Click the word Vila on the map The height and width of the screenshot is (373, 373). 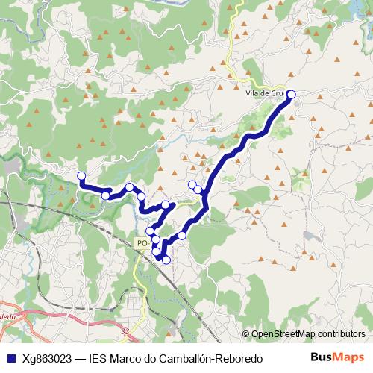pyautogui.click(x=251, y=95)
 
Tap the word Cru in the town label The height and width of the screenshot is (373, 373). pyautogui.click(x=278, y=95)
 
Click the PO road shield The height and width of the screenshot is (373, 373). pyautogui.click(x=142, y=243)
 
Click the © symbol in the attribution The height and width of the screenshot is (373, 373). pyautogui.click(x=245, y=334)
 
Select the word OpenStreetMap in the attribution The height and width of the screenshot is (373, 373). pyautogui.click(x=283, y=334)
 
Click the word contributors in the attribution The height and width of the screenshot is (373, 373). pyautogui.click(x=341, y=334)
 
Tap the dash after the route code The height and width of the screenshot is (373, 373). pyautogui.click(x=81, y=359)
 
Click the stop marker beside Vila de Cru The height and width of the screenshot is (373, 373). pyautogui.click(x=291, y=94)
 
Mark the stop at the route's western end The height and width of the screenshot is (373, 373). pyautogui.click(x=81, y=175)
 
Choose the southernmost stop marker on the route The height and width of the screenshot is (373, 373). pyautogui.click(x=166, y=259)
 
